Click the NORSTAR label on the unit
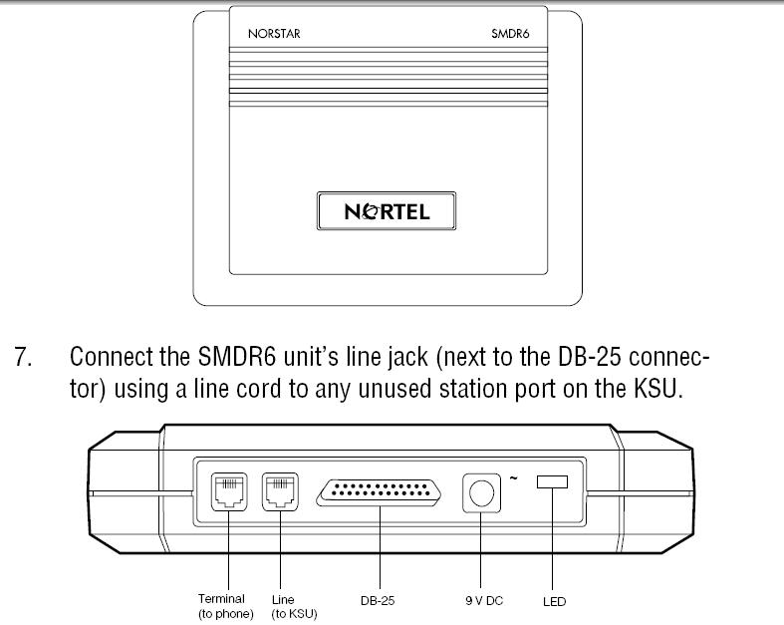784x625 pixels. (274, 33)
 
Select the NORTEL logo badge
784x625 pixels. (387, 211)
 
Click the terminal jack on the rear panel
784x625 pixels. (229, 490)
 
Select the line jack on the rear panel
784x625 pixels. (279, 490)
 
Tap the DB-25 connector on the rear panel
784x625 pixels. (381, 491)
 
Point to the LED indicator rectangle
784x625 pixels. (551, 482)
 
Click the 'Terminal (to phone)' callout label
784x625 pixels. (227, 606)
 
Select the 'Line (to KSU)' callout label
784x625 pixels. (291, 606)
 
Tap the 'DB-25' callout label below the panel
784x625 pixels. (380, 601)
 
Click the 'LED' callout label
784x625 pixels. (554, 601)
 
